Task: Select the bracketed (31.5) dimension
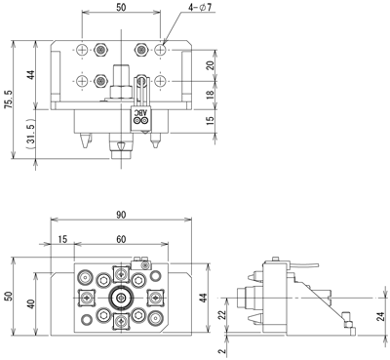[x=31, y=135]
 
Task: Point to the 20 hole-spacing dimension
[x=211, y=65]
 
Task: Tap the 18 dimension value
[x=211, y=94]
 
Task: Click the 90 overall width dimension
[x=121, y=215]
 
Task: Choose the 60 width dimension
[x=121, y=239]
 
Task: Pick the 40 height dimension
[x=31, y=304]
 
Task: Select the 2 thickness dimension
[x=221, y=351]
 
